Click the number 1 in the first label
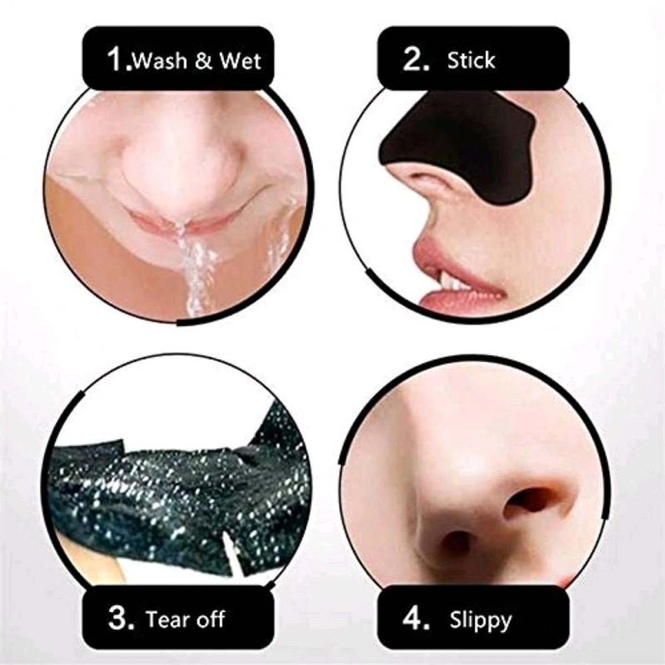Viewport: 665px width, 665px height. pos(116,59)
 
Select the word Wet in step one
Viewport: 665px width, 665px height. pos(239,60)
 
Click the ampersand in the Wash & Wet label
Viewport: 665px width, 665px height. pos(204,60)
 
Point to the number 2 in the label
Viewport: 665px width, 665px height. pos(415,59)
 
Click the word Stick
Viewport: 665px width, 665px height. pos(471,60)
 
